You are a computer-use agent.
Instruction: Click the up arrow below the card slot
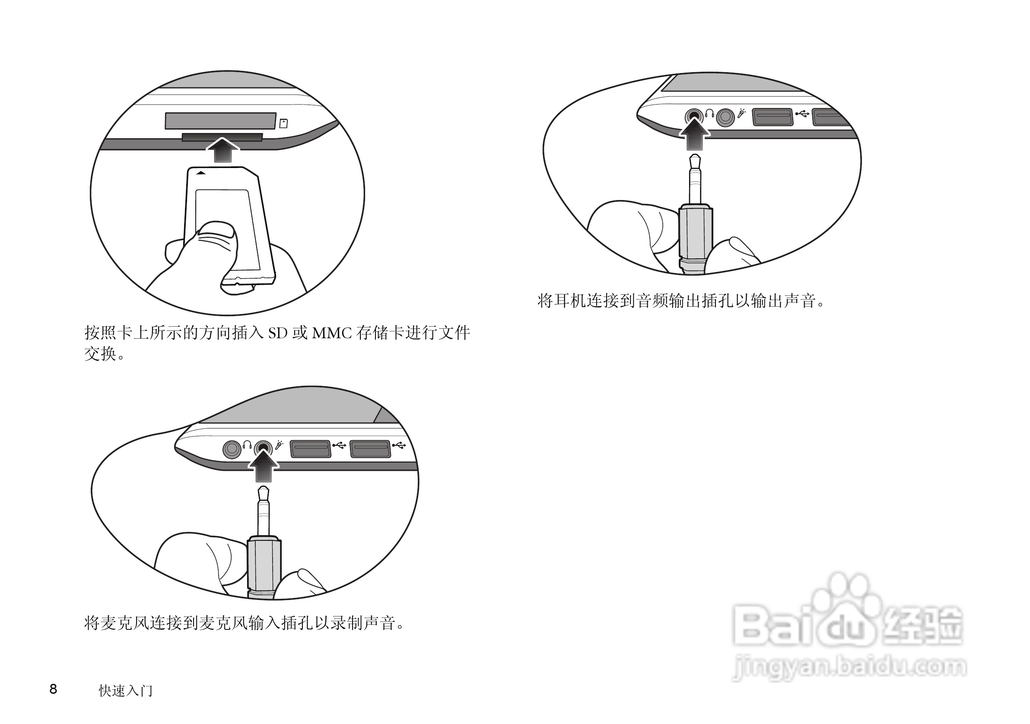pyautogui.click(x=223, y=150)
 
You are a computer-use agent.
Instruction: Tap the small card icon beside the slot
pyautogui.click(x=283, y=124)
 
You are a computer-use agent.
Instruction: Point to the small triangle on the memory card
pyautogui.click(x=201, y=173)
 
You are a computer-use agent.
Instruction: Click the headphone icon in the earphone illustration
pyautogui.click(x=709, y=113)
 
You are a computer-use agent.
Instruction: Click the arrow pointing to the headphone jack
pyautogui.click(x=694, y=134)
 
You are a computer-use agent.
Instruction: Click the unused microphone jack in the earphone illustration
pyautogui.click(x=725, y=117)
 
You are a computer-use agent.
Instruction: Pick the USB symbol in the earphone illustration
pyautogui.click(x=802, y=114)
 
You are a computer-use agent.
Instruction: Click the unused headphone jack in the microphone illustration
pyautogui.click(x=232, y=449)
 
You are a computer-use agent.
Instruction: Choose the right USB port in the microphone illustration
pyautogui.click(x=370, y=449)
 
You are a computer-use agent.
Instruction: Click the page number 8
pyautogui.click(x=53, y=689)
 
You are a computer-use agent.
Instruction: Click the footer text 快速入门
pyautogui.click(x=126, y=691)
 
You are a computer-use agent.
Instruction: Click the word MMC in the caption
pyautogui.click(x=332, y=333)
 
